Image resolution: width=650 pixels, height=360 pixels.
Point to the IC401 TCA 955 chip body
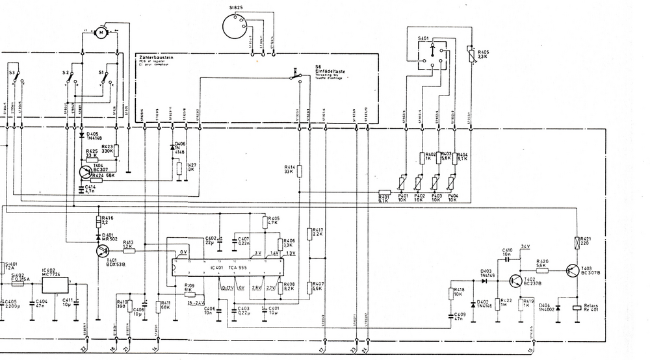coord(227,266)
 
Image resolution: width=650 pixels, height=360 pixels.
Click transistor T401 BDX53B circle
coord(101,250)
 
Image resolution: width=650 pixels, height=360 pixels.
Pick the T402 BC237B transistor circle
coord(517,281)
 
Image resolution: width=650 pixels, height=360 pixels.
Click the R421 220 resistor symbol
coord(577,243)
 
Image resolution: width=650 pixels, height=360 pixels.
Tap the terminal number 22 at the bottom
coord(83,349)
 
